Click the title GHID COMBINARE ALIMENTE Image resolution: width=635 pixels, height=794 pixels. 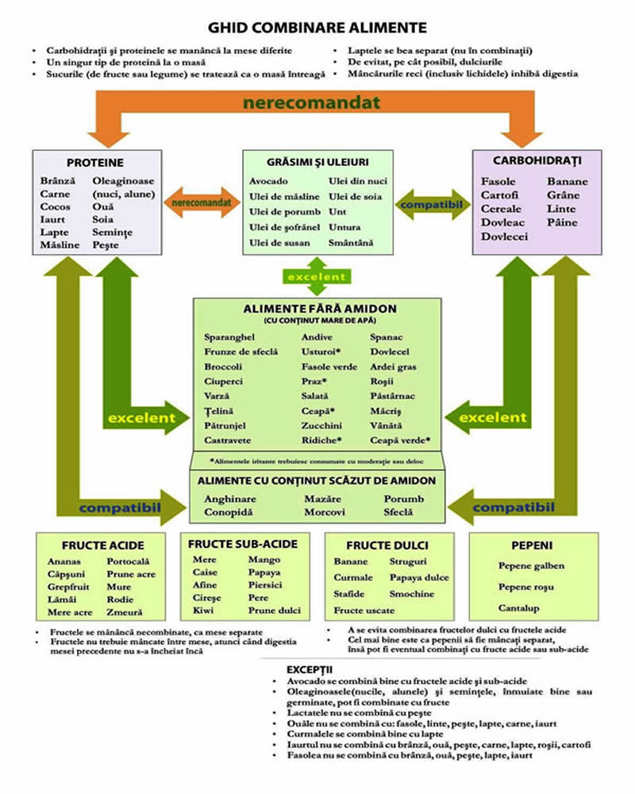[x=317, y=28]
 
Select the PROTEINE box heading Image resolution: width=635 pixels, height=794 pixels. [x=84, y=163]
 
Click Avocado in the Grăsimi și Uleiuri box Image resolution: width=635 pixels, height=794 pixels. [x=268, y=182]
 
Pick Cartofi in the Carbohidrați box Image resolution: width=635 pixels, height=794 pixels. [x=499, y=195]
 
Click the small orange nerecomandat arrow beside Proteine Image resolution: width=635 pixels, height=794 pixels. [x=202, y=202]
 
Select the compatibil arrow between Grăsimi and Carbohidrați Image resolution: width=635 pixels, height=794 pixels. [x=432, y=204]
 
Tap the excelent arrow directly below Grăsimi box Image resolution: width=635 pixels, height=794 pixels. [x=316, y=276]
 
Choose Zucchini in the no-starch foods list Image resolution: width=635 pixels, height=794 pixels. [x=322, y=425]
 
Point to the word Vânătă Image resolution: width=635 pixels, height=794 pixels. [x=387, y=425]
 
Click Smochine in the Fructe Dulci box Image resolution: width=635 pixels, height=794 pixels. [x=412, y=594]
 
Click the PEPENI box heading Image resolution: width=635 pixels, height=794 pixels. [x=533, y=546]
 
